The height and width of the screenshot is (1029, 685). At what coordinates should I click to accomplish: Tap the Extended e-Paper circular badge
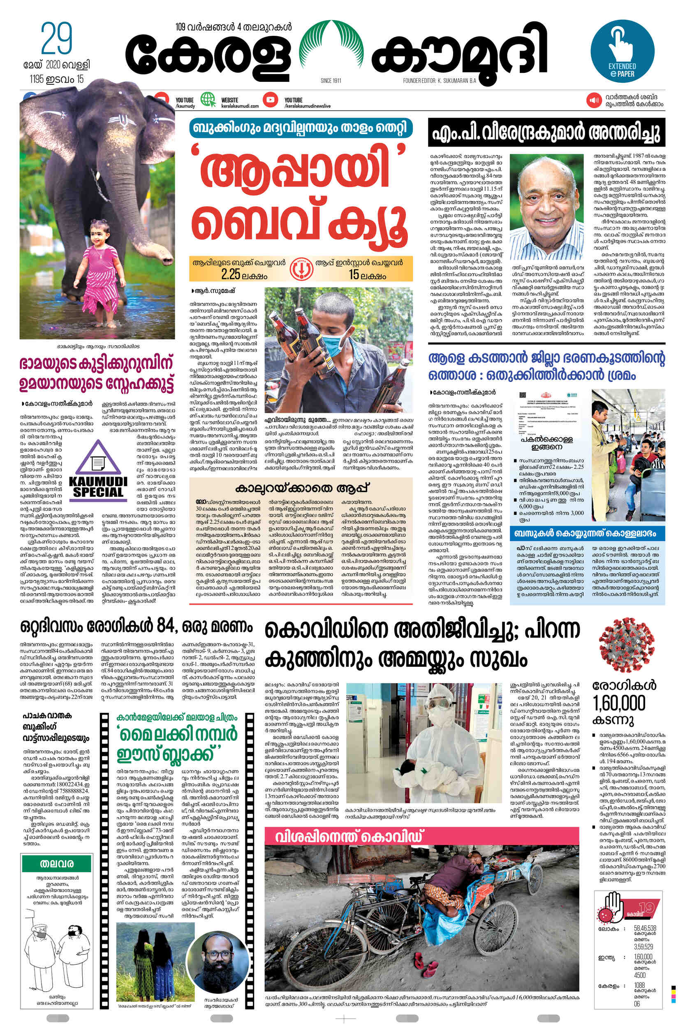(x=622, y=51)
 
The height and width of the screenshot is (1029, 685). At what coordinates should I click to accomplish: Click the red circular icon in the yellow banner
(x=301, y=268)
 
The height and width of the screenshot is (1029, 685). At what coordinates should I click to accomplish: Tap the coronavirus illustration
(x=627, y=645)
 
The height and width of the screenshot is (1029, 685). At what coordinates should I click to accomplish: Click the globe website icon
(x=208, y=100)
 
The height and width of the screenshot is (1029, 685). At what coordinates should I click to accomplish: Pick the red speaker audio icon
(x=594, y=100)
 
